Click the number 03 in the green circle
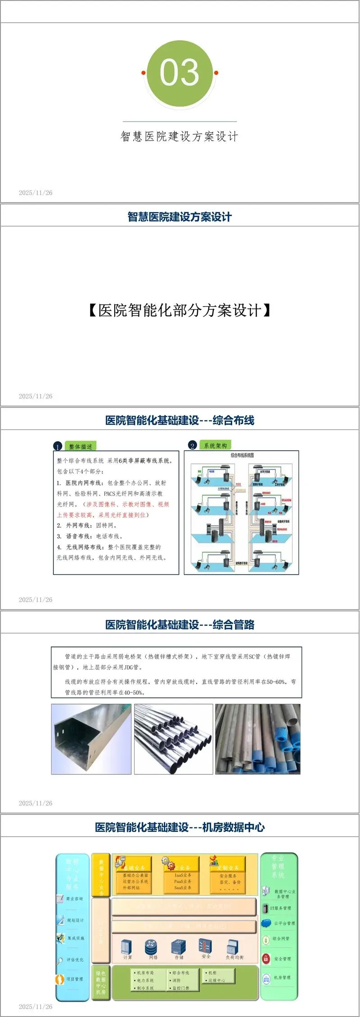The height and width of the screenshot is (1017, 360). [x=180, y=72]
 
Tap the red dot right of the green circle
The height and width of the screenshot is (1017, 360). [x=216, y=73]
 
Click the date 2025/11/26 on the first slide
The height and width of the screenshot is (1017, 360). [x=36, y=193]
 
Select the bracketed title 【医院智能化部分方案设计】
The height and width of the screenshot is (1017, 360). [x=180, y=310]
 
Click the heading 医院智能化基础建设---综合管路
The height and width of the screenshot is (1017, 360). [x=180, y=624]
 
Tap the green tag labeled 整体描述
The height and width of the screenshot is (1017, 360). [x=81, y=446]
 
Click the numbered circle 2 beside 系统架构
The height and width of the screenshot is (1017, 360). [x=193, y=446]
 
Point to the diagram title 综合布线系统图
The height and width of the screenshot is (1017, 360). [x=242, y=455]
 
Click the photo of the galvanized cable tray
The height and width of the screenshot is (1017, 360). [x=91, y=739]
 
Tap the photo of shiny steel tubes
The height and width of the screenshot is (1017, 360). [x=173, y=739]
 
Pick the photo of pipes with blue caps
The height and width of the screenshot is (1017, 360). [x=257, y=739]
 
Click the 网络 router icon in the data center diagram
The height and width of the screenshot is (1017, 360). [x=152, y=947]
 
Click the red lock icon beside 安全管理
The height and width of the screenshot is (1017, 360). [x=266, y=958]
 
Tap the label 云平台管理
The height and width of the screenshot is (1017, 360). [x=284, y=923]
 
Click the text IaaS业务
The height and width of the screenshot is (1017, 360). [x=183, y=875]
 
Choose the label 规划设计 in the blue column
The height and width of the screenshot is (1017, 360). [x=75, y=920]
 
